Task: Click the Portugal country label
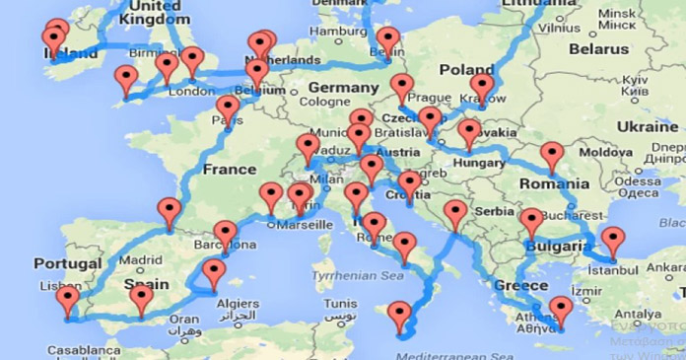tap(67, 263)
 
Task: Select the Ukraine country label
tap(647, 126)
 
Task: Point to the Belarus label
tap(597, 47)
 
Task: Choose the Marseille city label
tap(305, 224)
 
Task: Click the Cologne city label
tap(323, 101)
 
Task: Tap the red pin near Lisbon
tap(68, 298)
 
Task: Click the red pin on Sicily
tap(399, 316)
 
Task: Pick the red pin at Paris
tap(228, 108)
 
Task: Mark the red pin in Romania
tap(552, 155)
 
